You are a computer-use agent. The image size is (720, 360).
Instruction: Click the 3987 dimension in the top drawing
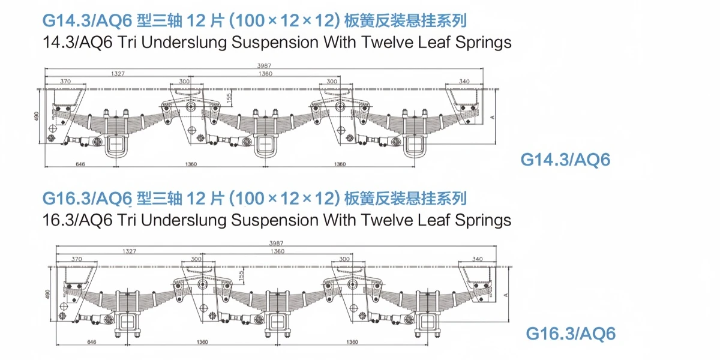coord(264,65)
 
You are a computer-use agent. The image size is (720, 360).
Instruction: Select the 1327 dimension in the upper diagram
coord(118,74)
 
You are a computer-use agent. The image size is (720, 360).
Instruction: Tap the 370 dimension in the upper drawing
coord(65,82)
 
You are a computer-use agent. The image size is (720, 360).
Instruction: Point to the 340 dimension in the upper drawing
coord(464,82)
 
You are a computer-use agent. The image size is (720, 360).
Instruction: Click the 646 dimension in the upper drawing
coord(80,164)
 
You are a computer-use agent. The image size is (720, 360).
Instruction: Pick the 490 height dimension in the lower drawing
coord(47,294)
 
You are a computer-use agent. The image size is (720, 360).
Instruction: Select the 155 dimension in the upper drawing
coord(229,98)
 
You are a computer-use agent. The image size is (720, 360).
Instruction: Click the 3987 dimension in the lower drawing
coord(276,244)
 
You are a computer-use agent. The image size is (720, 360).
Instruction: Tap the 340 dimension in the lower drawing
coord(478,259)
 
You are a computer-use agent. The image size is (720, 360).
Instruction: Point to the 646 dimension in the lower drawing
coord(92,341)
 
